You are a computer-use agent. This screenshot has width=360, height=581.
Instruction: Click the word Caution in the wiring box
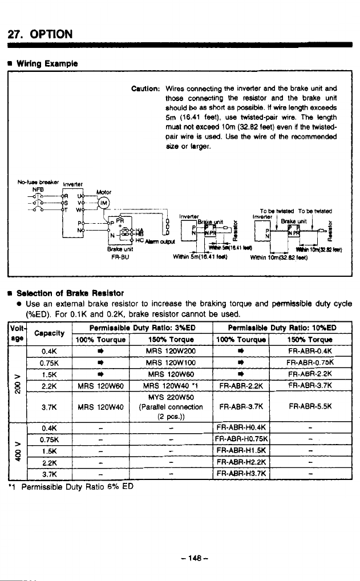coord(145,89)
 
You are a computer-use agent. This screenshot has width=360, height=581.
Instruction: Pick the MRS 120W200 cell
coord(171,350)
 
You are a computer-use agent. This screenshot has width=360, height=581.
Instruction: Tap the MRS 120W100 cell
coord(171,362)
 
